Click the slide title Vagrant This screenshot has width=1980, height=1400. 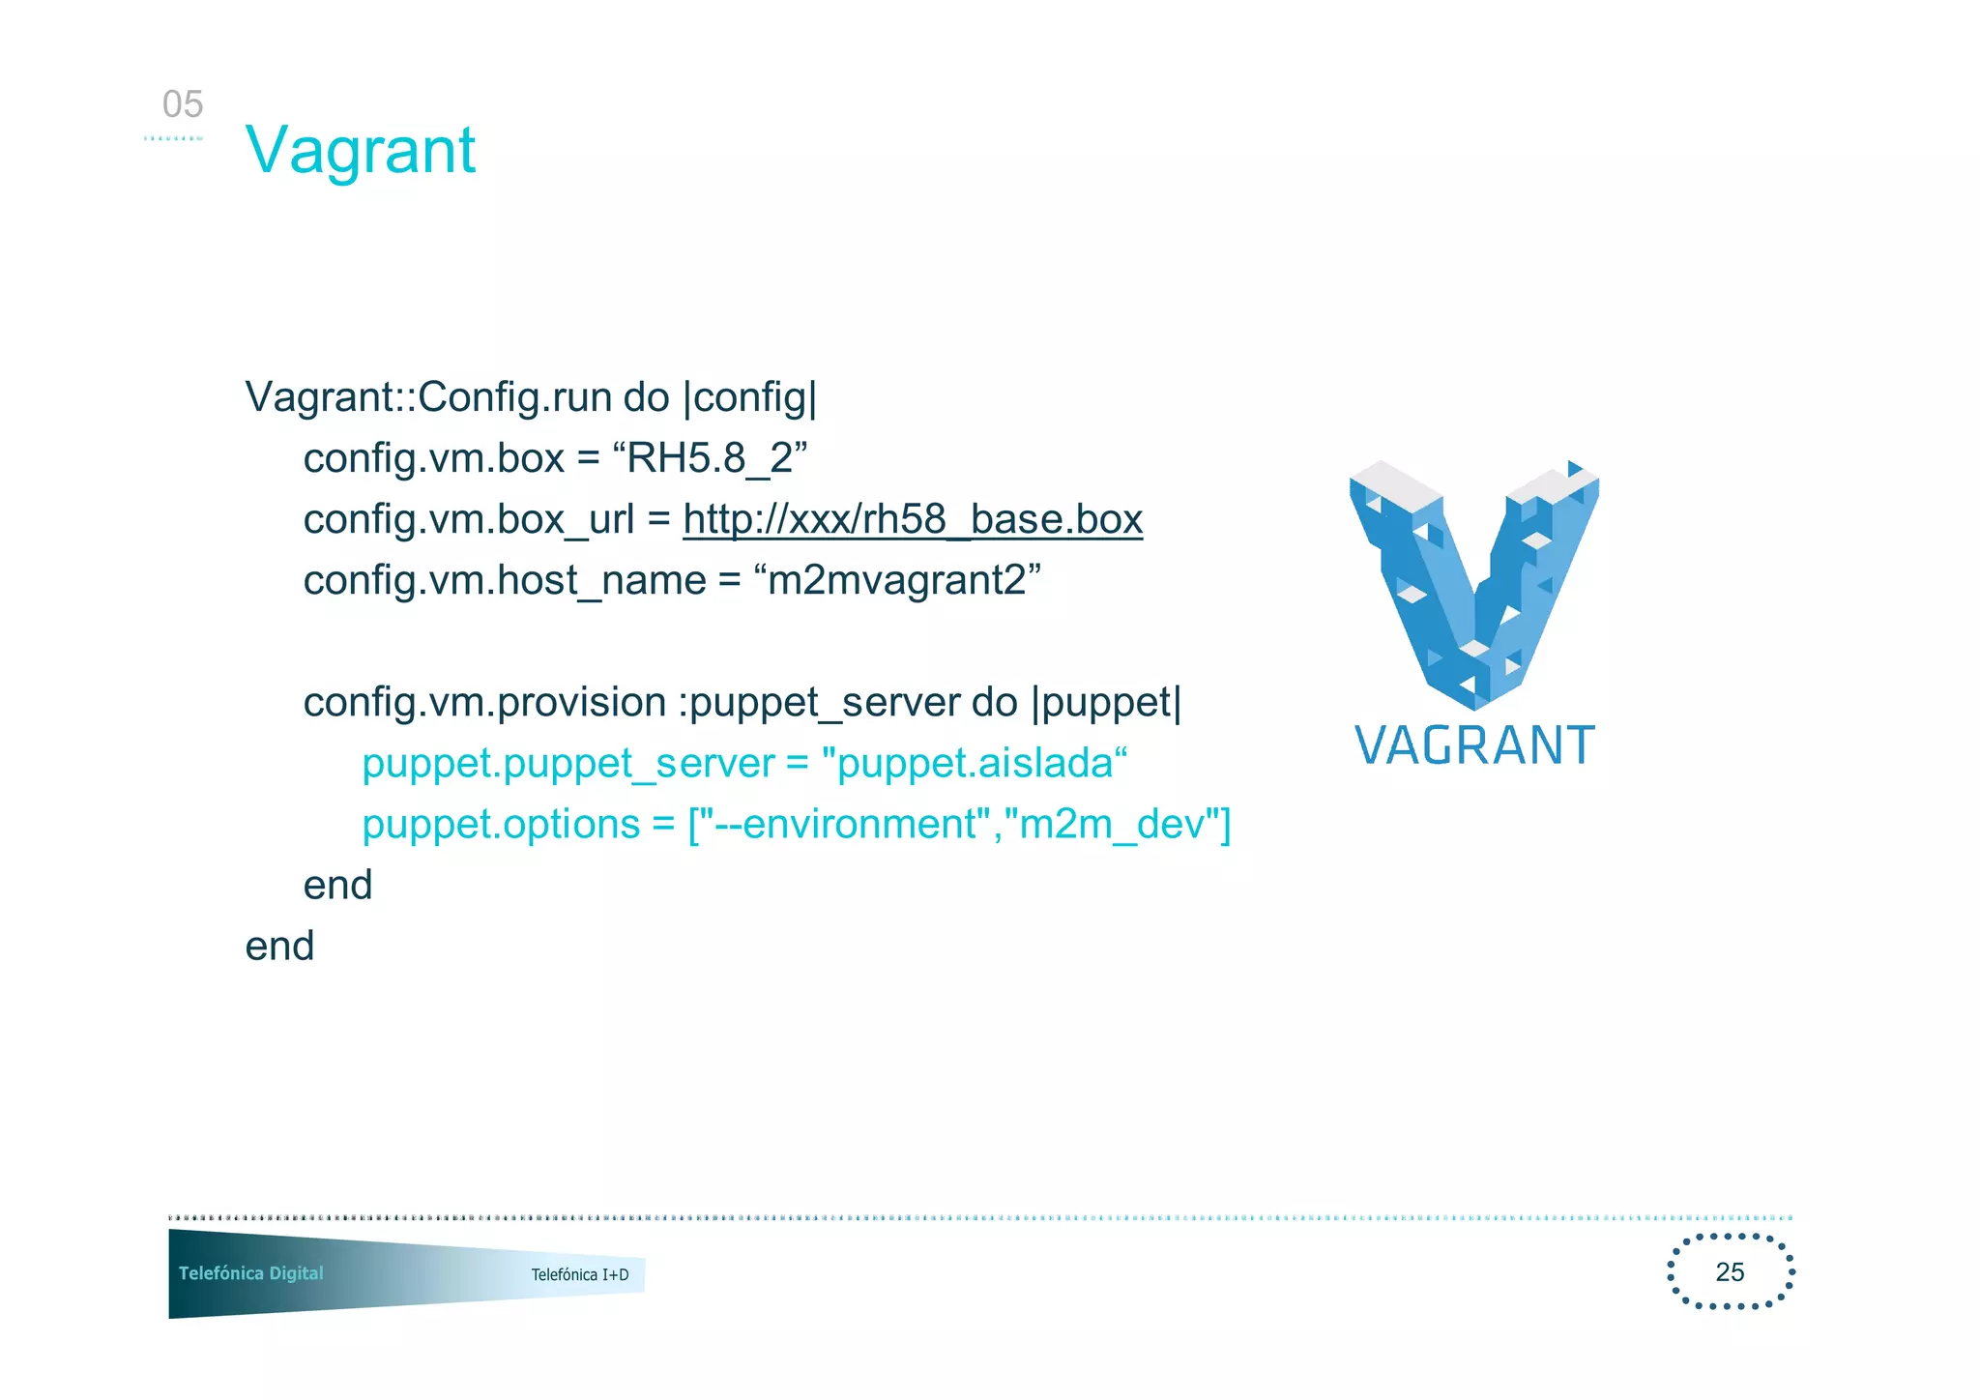coord(360,151)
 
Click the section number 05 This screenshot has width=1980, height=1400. coord(183,104)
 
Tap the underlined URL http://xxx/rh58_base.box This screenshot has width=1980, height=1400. coord(912,519)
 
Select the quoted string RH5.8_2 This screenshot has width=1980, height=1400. coord(710,458)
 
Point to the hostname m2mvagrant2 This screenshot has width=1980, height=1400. coord(896,580)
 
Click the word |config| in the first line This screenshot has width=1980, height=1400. coord(750,397)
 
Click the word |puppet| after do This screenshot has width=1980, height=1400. coord(1106,702)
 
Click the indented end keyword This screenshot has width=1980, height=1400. coord(337,885)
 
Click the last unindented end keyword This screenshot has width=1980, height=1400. coord(279,946)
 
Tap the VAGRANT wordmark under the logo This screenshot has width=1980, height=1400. coord(1473,745)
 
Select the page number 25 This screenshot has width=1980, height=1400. coord(1730,1271)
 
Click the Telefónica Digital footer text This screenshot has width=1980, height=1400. coord(250,1272)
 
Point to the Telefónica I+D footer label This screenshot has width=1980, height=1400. coord(579,1274)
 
